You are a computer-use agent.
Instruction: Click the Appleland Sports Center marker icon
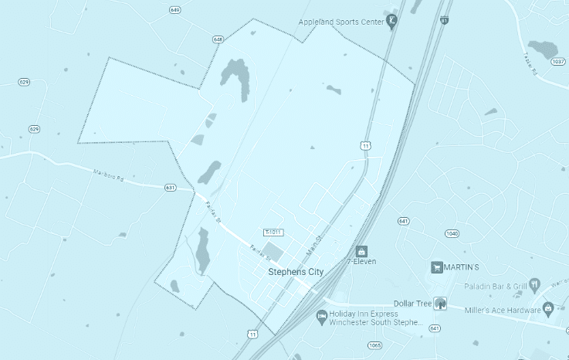click(392, 21)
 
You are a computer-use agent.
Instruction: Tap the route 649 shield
click(175, 10)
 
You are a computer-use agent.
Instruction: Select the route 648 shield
click(218, 39)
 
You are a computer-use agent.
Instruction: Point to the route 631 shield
click(171, 187)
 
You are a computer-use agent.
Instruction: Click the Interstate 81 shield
click(445, 19)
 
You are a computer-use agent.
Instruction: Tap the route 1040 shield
click(452, 233)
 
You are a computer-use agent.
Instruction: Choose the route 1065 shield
click(375, 345)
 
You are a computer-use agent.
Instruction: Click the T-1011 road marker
click(273, 232)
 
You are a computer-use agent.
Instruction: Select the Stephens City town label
click(295, 272)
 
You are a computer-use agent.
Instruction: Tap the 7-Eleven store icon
click(361, 251)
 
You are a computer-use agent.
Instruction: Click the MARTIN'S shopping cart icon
click(437, 267)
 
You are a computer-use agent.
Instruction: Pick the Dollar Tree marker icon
click(440, 304)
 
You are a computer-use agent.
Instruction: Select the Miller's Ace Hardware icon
click(548, 309)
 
